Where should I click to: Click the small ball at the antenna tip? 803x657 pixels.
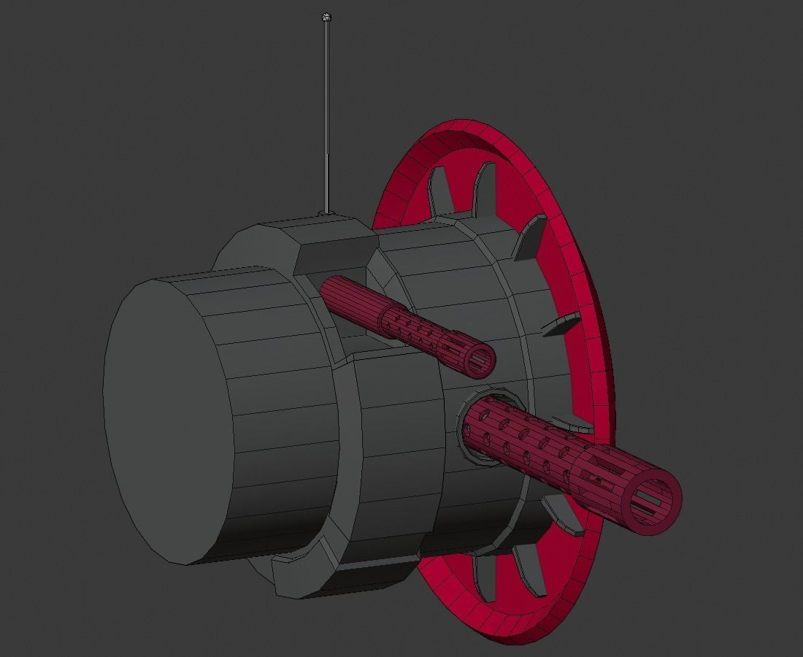326,17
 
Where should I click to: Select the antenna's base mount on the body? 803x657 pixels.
326,213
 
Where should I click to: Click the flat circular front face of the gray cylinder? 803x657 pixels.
164,420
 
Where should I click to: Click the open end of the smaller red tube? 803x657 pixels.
480,361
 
